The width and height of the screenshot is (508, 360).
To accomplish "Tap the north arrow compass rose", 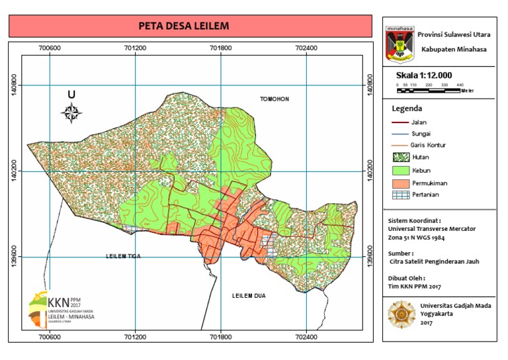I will (x=71, y=113).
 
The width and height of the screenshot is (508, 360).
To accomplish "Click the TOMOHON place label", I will (x=275, y=99).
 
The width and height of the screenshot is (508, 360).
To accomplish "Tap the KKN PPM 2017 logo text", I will (x=63, y=303).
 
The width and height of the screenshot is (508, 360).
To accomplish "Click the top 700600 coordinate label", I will (x=50, y=48).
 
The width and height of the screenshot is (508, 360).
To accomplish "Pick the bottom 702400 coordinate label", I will (x=306, y=336).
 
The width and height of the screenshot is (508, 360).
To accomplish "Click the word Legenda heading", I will (x=407, y=108).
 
